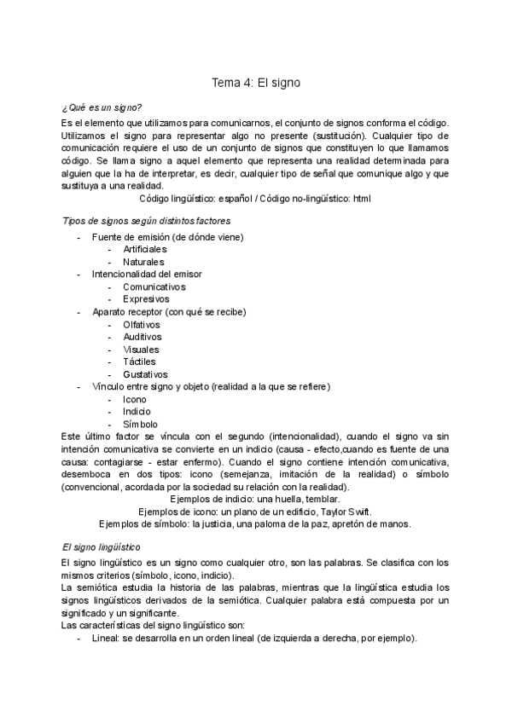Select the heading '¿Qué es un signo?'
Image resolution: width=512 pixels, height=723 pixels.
[102, 108]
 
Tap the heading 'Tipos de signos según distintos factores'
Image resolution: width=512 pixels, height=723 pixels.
[147, 221]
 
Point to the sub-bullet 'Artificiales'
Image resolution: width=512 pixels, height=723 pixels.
[145, 248]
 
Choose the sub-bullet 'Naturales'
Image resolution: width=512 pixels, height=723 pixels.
[143, 262]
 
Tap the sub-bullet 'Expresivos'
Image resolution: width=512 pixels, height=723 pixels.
[146, 299]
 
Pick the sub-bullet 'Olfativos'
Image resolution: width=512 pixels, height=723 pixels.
[143, 325]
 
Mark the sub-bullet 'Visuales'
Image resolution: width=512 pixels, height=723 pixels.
[142, 350]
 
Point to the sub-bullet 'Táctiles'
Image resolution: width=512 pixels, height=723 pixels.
[140, 361]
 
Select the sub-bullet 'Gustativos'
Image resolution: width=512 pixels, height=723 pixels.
[146, 374]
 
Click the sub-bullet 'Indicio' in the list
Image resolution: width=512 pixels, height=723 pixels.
[138, 412]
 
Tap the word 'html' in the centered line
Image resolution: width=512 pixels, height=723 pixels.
[362, 199]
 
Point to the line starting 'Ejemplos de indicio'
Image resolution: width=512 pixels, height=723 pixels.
[255, 499]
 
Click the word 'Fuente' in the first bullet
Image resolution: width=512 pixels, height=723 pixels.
[108, 236]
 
